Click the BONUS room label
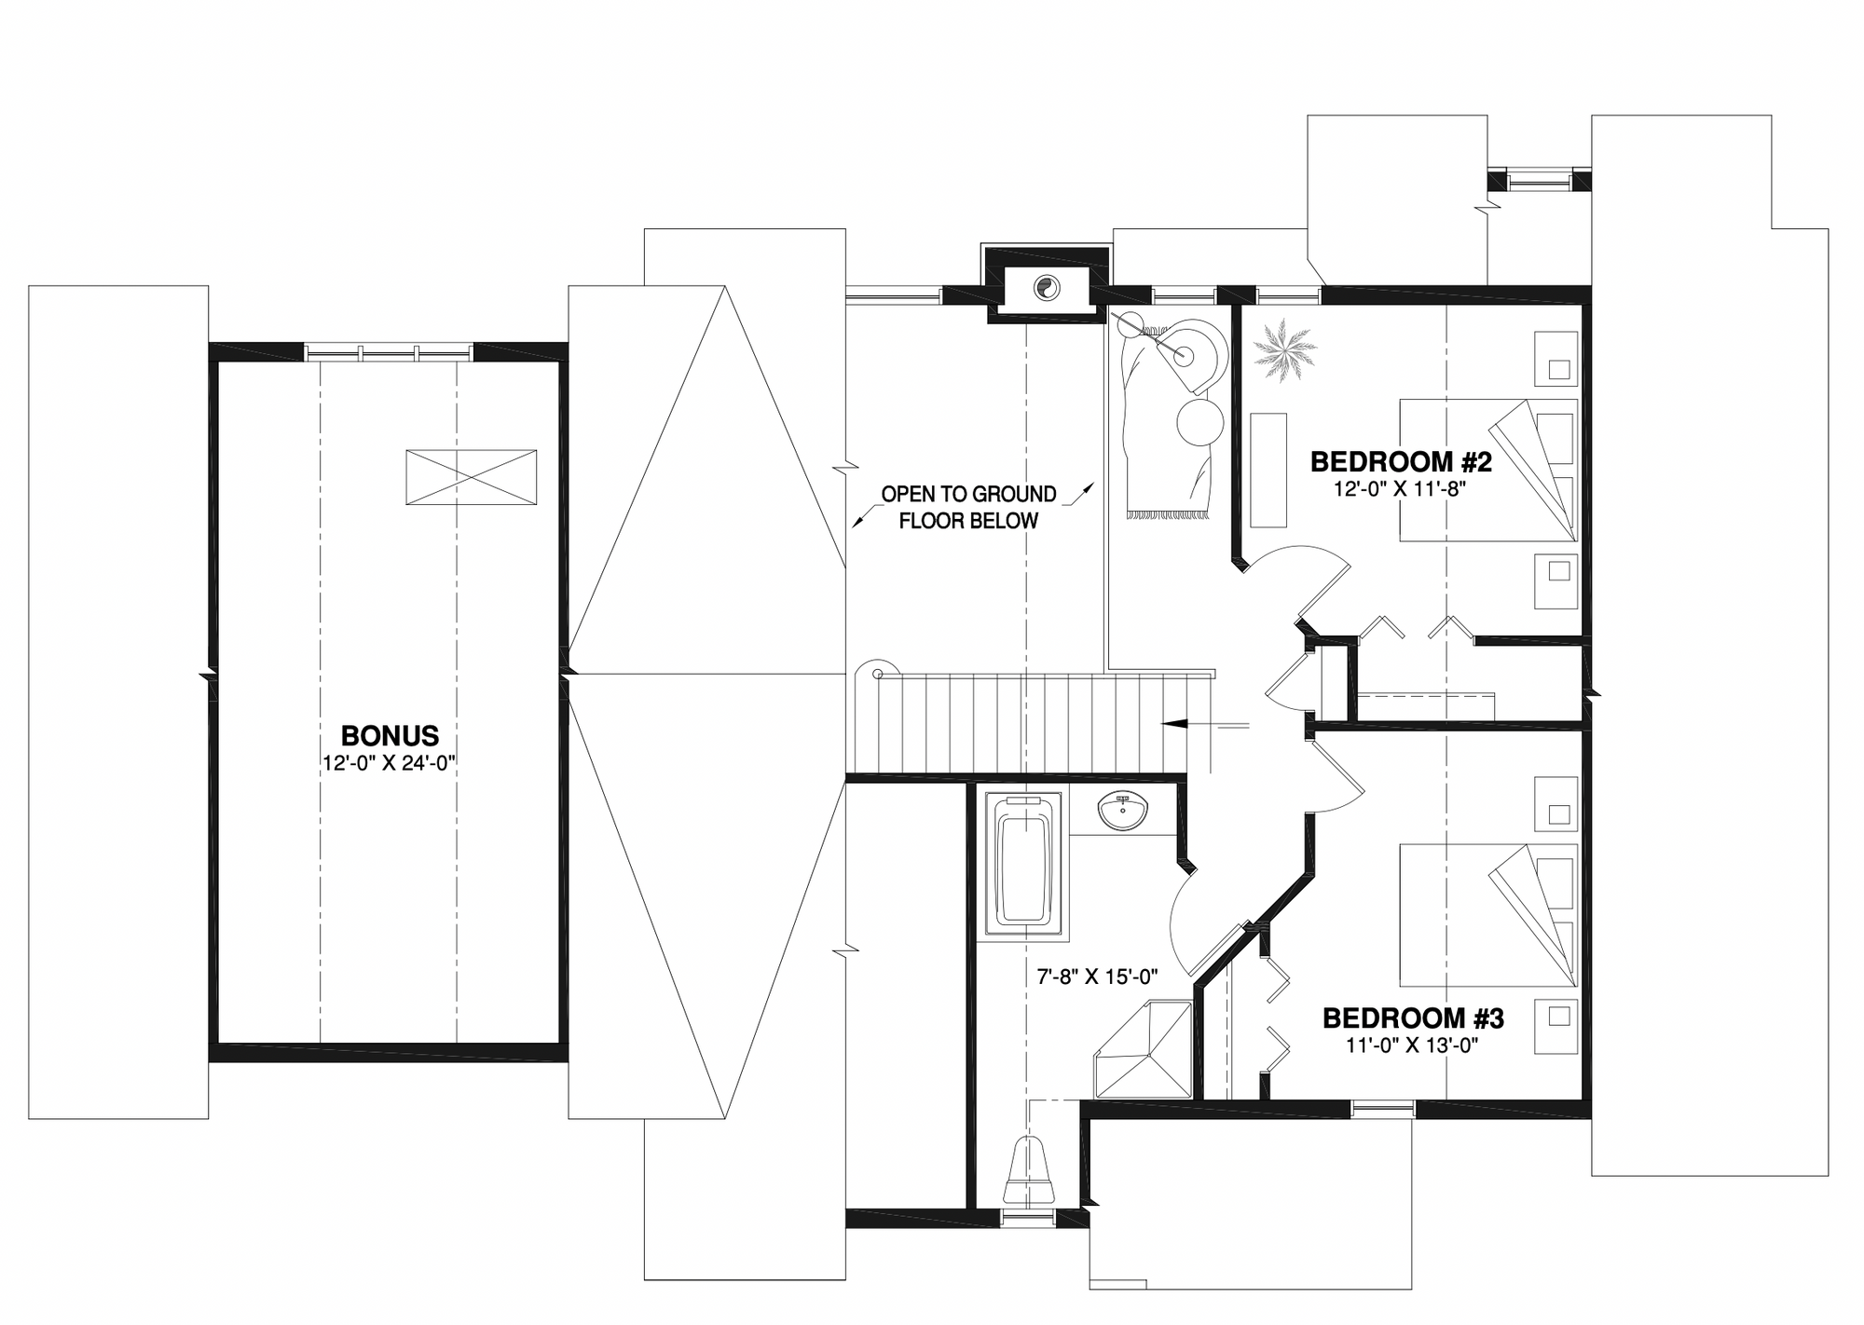coord(390,735)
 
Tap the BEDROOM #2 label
coord(1401,461)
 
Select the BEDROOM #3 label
coord(1413,1018)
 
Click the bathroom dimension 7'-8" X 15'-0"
coord(1097,977)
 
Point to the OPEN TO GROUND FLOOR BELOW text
coord(968,507)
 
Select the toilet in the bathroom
coord(1030,1170)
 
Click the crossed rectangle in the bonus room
coord(471,477)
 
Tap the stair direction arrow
coord(1203,723)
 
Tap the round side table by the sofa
coord(1199,423)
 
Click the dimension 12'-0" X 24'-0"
coord(390,762)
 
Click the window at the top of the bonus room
coord(389,352)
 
